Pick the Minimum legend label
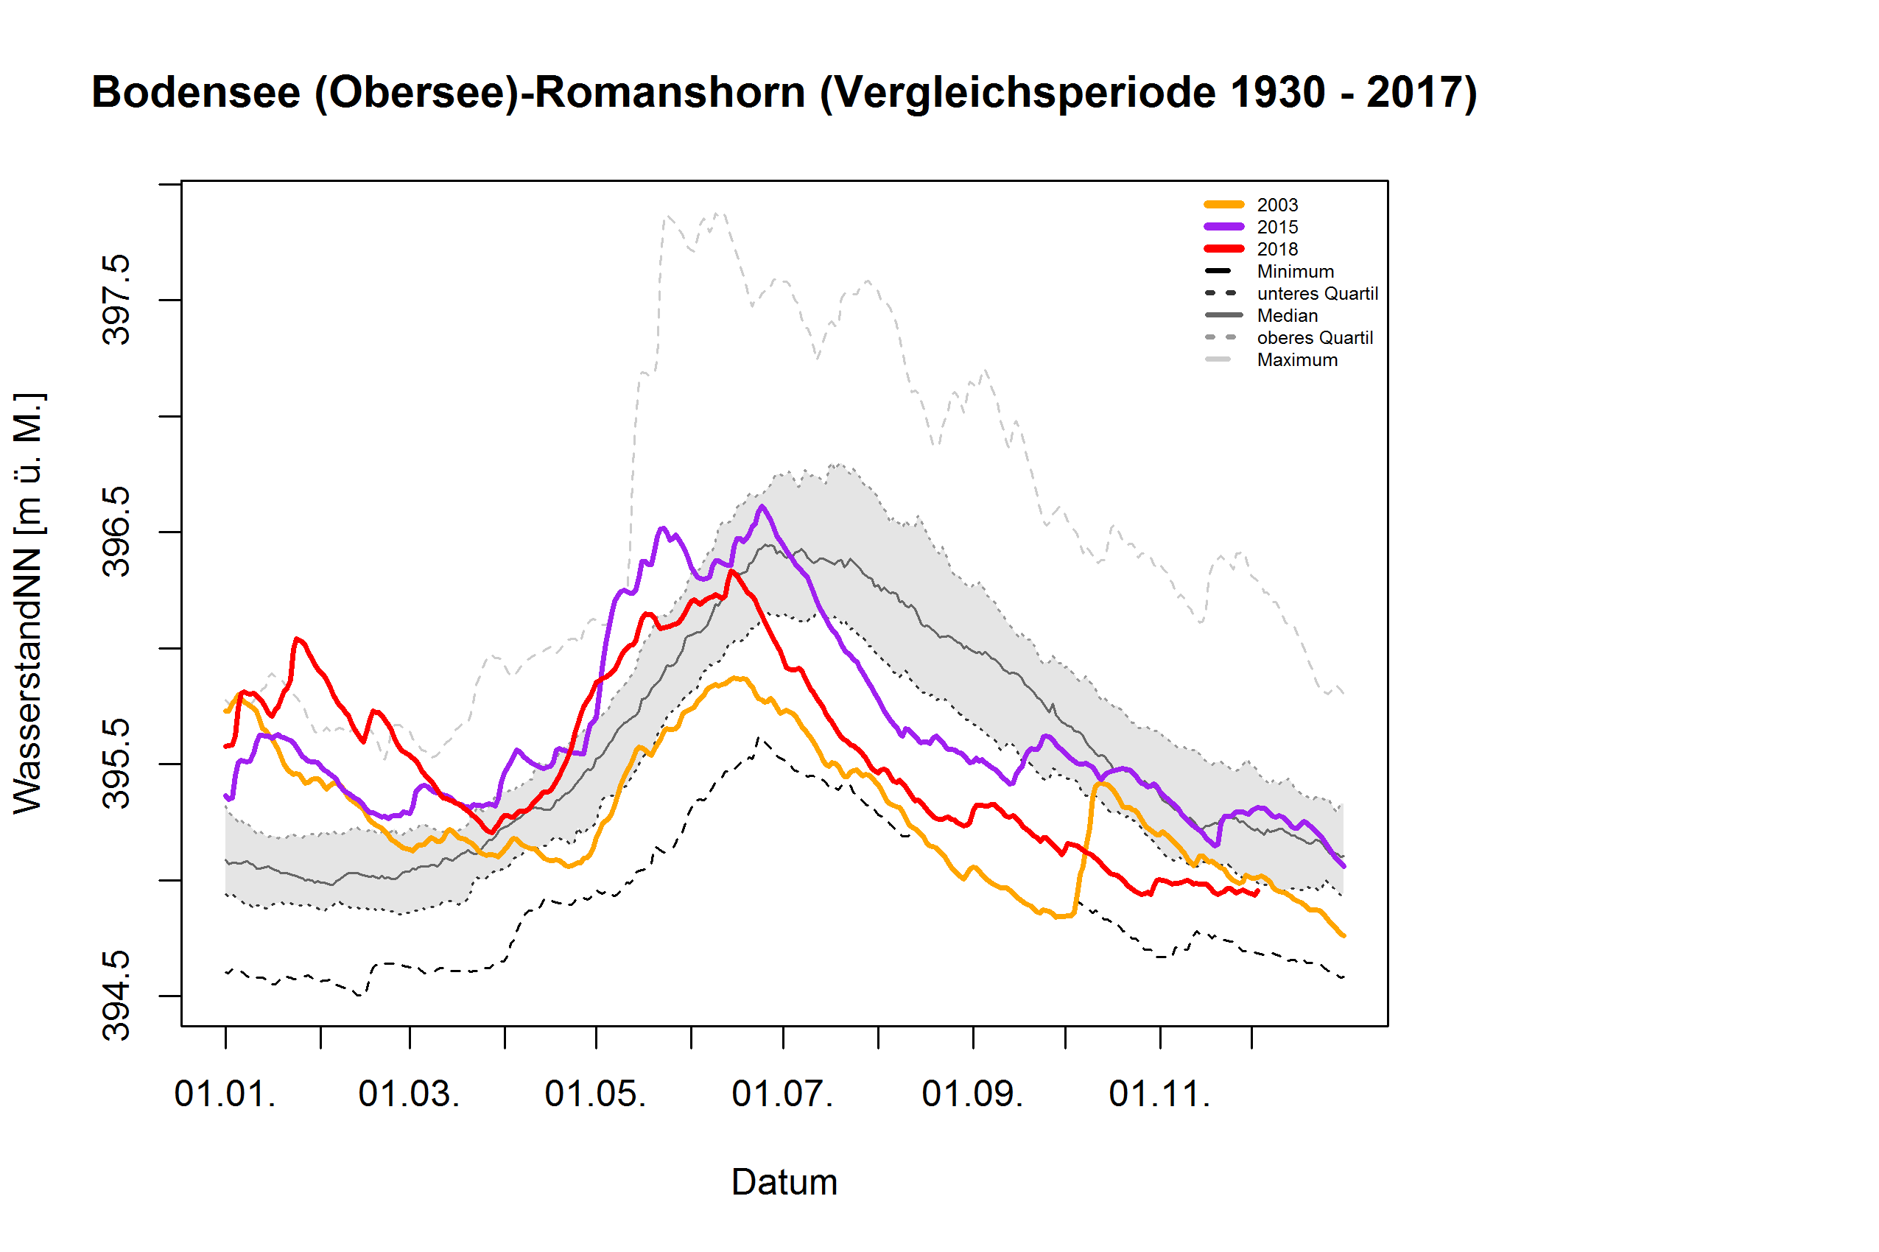(1293, 272)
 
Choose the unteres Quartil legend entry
(1316, 294)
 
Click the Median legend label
(1287, 315)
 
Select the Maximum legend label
(1296, 360)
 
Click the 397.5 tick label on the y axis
(116, 300)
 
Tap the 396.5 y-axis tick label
(116, 532)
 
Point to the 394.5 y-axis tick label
(116, 996)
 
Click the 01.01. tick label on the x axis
(225, 1094)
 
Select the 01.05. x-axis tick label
(595, 1094)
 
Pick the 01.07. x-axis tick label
(782, 1094)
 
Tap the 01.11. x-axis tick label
(1159, 1094)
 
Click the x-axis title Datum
(784, 1183)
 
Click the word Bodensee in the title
(196, 93)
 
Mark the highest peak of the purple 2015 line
(762, 506)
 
